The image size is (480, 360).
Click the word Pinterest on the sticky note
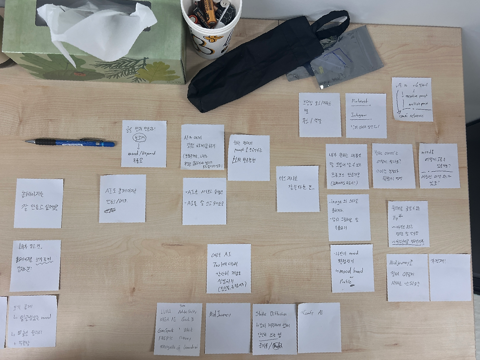click(360, 101)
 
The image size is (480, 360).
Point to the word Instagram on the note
click(359, 115)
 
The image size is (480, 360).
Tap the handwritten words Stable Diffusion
click(271, 314)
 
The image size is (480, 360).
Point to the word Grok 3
click(187, 319)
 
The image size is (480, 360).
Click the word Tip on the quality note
click(396, 217)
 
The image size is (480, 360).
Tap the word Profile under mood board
click(346, 281)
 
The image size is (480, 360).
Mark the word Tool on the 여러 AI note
click(220, 264)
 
